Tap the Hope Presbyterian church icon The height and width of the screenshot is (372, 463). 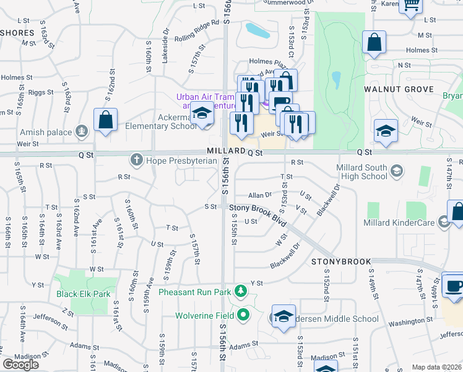[136, 160]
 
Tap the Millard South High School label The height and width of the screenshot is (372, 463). [361, 172]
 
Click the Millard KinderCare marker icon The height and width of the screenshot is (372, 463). [443, 221]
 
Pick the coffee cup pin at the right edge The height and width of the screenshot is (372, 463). [453, 286]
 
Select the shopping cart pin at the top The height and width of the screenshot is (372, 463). [410, 5]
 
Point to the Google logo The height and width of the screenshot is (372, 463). [20, 365]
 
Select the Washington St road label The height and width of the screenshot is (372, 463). [410, 322]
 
